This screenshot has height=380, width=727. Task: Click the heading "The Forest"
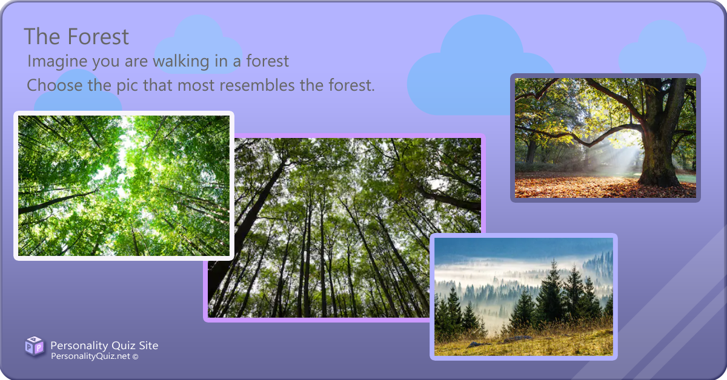tap(76, 37)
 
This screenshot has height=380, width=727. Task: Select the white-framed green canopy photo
tap(124, 185)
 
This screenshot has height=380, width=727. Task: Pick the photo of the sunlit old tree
tap(605, 138)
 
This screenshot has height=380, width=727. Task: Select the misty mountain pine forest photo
tap(523, 296)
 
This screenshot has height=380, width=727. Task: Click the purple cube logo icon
tap(34, 347)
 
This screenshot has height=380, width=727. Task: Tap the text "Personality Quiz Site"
tap(104, 346)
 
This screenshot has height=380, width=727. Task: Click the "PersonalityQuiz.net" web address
tap(90, 357)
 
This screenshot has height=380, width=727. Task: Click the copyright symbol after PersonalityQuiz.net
tap(135, 358)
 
